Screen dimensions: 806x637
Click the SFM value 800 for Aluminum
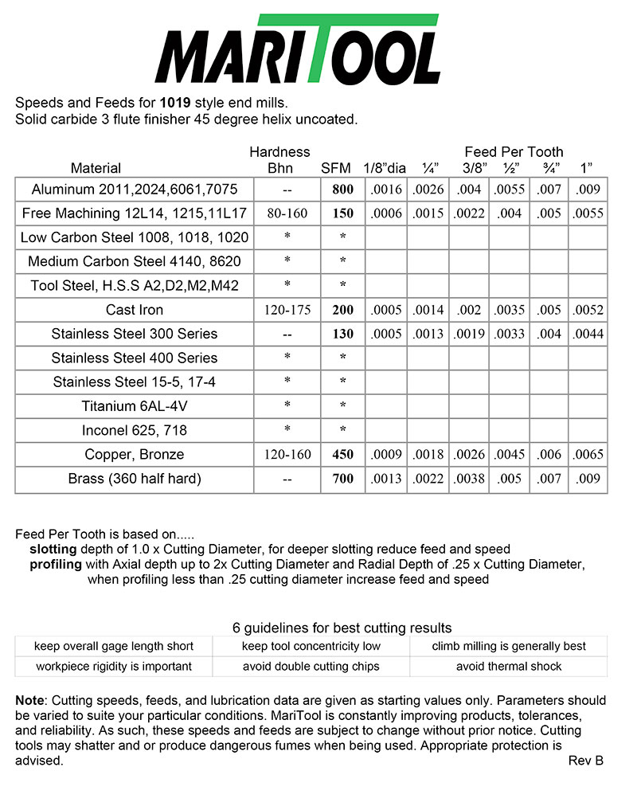pyautogui.click(x=342, y=190)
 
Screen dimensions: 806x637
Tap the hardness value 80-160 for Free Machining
pyautogui.click(x=287, y=213)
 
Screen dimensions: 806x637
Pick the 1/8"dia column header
pyautogui.click(x=385, y=168)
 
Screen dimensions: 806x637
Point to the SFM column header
pyautogui.click(x=335, y=168)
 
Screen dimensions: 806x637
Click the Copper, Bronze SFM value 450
pyautogui.click(x=342, y=455)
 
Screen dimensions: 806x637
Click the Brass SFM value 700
pyautogui.click(x=342, y=479)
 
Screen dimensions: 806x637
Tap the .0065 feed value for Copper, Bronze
pyautogui.click(x=588, y=455)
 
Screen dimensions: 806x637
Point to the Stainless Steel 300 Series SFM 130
pyautogui.click(x=342, y=335)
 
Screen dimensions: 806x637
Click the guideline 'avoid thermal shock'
pyautogui.click(x=509, y=666)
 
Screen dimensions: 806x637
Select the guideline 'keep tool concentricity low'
pyautogui.click(x=311, y=646)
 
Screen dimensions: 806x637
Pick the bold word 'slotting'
pyautogui.click(x=53, y=550)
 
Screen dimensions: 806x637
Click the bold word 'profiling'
pyautogui.click(x=55, y=565)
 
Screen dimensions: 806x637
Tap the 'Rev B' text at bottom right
pyautogui.click(x=586, y=761)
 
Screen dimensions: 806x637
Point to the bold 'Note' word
pyautogui.click(x=30, y=700)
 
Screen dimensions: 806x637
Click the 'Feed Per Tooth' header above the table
pyautogui.click(x=514, y=151)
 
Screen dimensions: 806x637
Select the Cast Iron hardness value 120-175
pyautogui.click(x=287, y=311)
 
